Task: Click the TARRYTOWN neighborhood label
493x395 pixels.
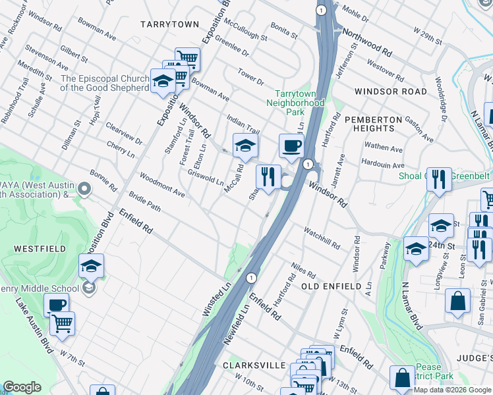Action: pos(169,24)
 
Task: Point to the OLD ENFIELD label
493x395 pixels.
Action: pos(331,286)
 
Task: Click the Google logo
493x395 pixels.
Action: pos(22,387)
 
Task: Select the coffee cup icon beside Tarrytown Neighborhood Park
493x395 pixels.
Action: pos(291,146)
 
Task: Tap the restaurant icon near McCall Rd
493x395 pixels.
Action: pos(267,176)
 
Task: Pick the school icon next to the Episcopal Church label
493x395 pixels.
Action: pos(162,82)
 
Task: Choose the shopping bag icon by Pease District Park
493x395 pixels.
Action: pos(402,378)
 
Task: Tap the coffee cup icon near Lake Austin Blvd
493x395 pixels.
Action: pos(56,305)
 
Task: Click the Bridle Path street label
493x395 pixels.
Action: pos(145,207)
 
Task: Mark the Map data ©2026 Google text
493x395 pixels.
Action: pos(452,390)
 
